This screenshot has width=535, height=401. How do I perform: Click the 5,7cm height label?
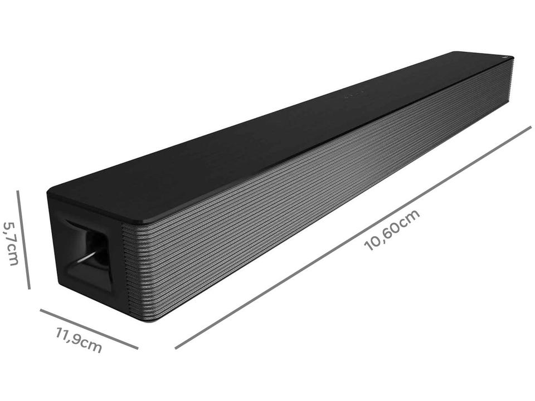pyautogui.click(x=12, y=243)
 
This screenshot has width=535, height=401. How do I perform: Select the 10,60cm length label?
pyautogui.click(x=392, y=230)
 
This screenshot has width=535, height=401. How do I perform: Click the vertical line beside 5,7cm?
pyautogui.click(x=23, y=239)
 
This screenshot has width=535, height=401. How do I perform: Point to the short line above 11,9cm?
pyautogui.click(x=89, y=329)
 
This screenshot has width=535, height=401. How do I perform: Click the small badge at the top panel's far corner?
pyautogui.click(x=505, y=57)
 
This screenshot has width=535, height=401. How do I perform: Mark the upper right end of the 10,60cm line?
pyautogui.click(x=529, y=128)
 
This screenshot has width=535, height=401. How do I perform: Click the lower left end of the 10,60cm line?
pyautogui.click(x=176, y=348)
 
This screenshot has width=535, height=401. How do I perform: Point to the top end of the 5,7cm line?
pyautogui.click(x=17, y=192)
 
